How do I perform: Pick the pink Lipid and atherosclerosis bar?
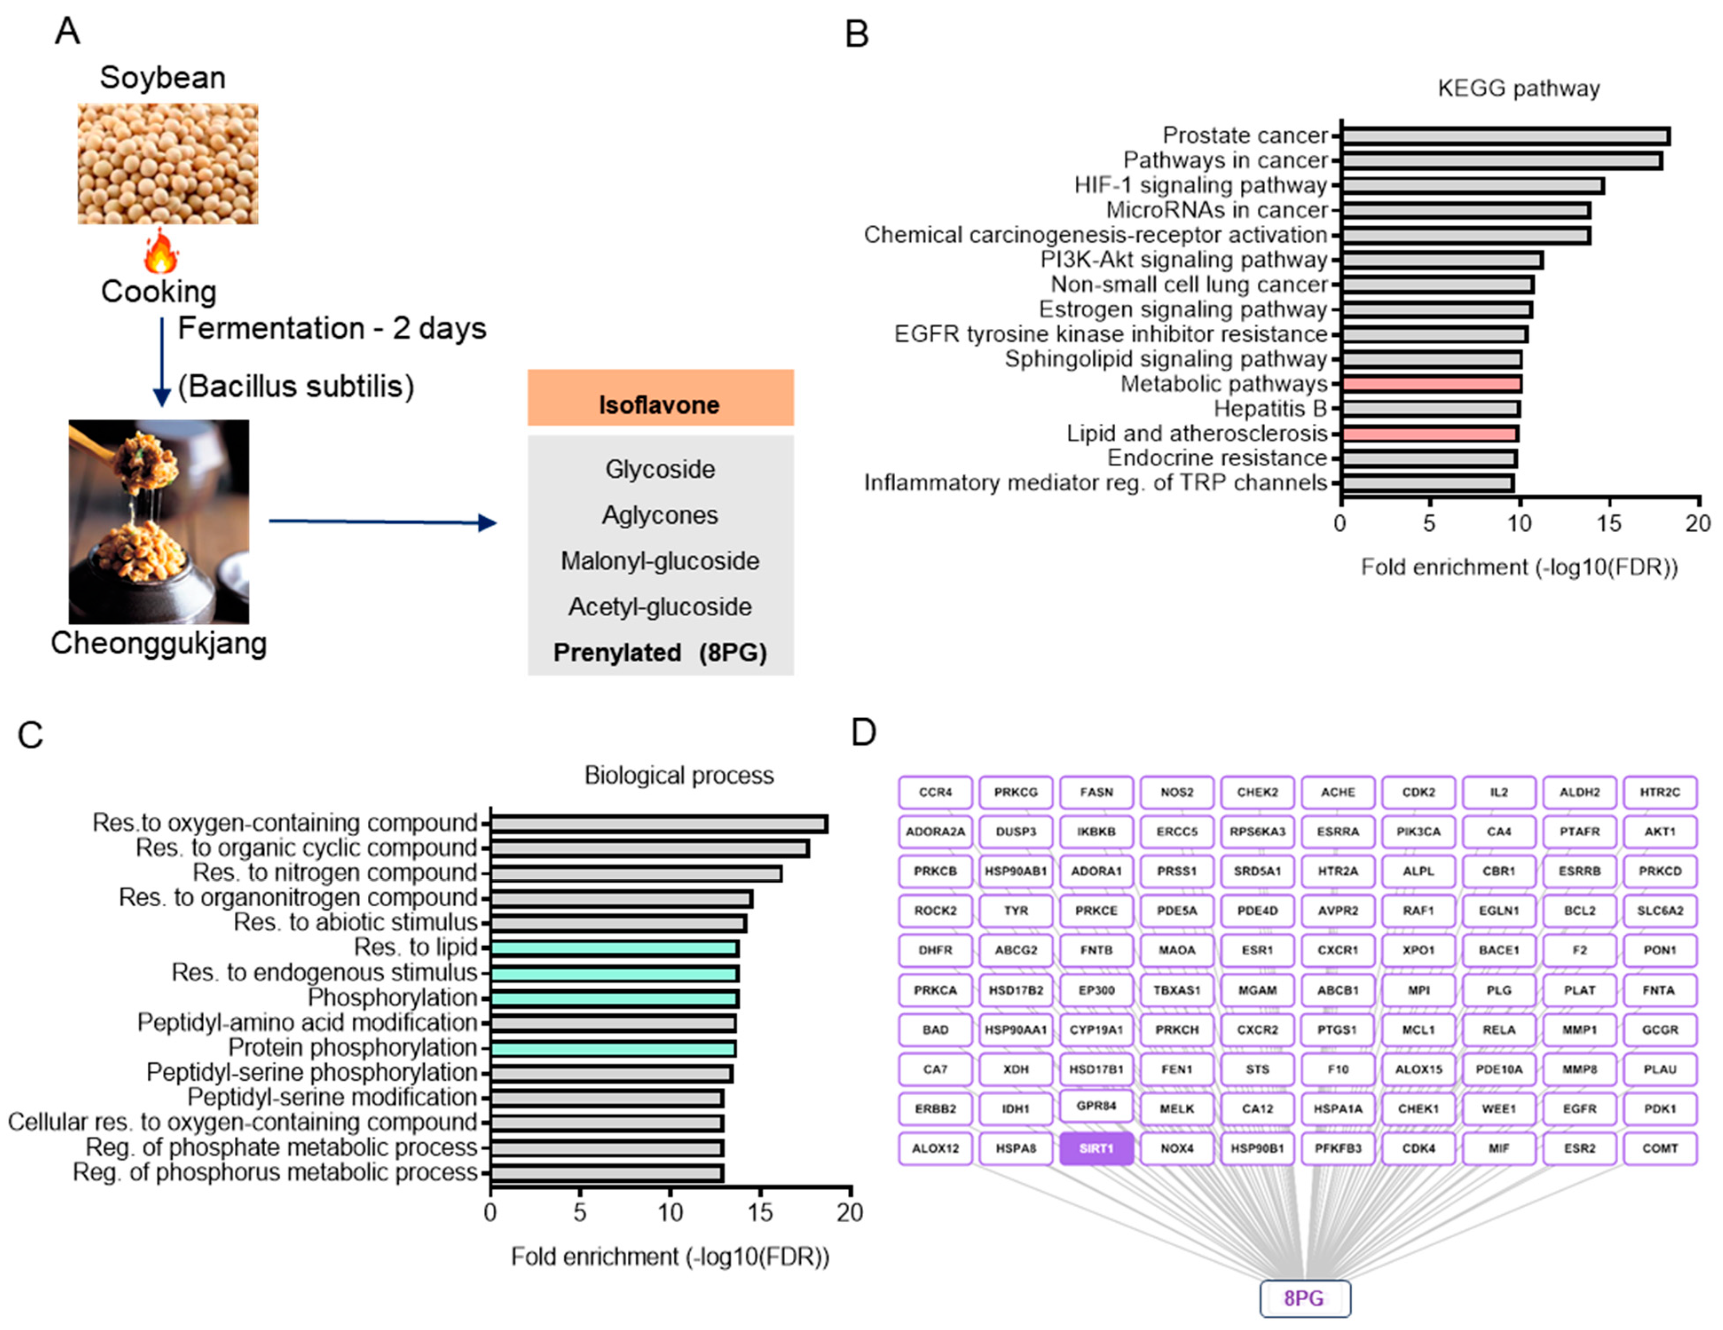[1429, 434]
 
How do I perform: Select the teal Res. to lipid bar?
[614, 948]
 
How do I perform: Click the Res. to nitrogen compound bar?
[636, 873]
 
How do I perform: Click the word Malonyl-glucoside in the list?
[661, 561]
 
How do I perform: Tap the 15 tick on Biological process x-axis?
[760, 1212]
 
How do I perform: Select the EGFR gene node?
[1579, 1108]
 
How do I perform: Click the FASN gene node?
[1096, 792]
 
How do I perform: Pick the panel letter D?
[864, 732]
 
